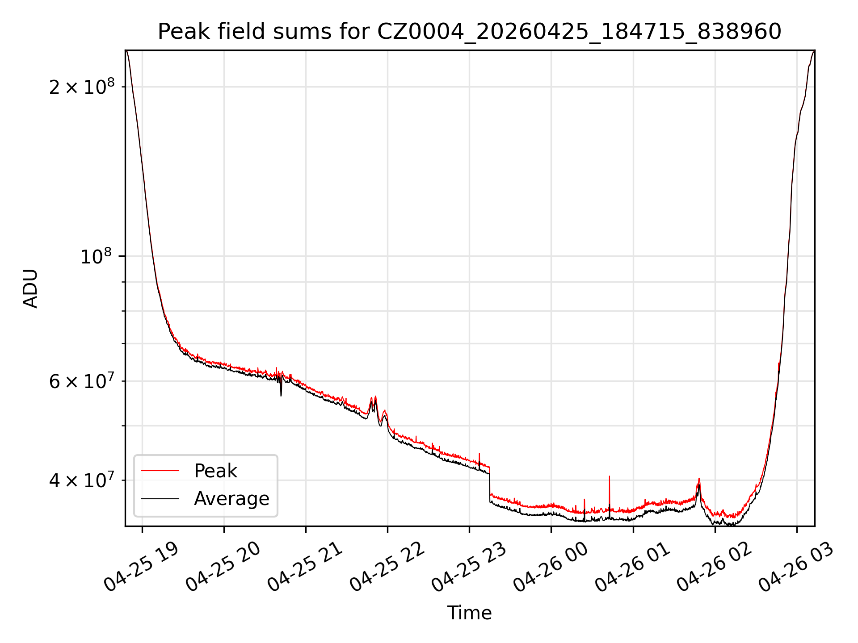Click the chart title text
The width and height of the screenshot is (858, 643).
[470, 32]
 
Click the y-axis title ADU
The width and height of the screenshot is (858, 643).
[30, 288]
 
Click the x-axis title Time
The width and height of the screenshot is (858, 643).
[470, 613]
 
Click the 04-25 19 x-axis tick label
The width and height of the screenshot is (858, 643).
[141, 567]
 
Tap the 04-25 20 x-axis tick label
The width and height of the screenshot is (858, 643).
[223, 567]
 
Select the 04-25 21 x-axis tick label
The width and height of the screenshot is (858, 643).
[305, 567]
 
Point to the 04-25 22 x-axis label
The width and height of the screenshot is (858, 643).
[387, 567]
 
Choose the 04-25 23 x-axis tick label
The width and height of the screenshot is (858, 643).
[469, 567]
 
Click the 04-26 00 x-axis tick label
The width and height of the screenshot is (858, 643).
[551, 567]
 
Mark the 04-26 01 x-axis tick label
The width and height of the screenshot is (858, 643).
[633, 567]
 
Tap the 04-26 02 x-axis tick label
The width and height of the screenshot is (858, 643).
[715, 567]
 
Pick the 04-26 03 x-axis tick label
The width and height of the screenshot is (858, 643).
[796, 567]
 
